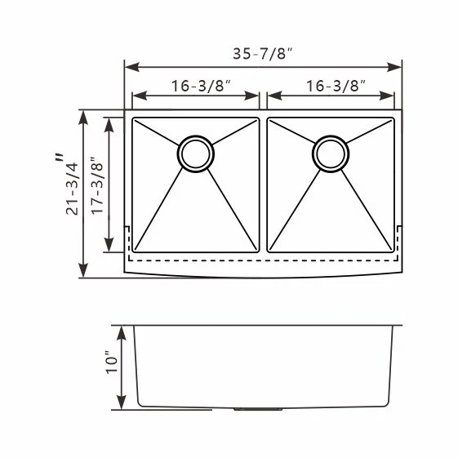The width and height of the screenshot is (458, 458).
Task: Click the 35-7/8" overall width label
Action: point(262,53)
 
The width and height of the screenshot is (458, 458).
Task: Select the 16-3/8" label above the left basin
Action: point(201,86)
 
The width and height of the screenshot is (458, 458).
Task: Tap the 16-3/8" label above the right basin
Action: point(336,86)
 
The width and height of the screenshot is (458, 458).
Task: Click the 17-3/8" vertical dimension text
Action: point(97,186)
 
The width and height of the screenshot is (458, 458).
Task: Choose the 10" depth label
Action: point(112,362)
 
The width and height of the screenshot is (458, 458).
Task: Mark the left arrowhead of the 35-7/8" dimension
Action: point(131,67)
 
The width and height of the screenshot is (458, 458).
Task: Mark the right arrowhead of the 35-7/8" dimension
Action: point(394,67)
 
